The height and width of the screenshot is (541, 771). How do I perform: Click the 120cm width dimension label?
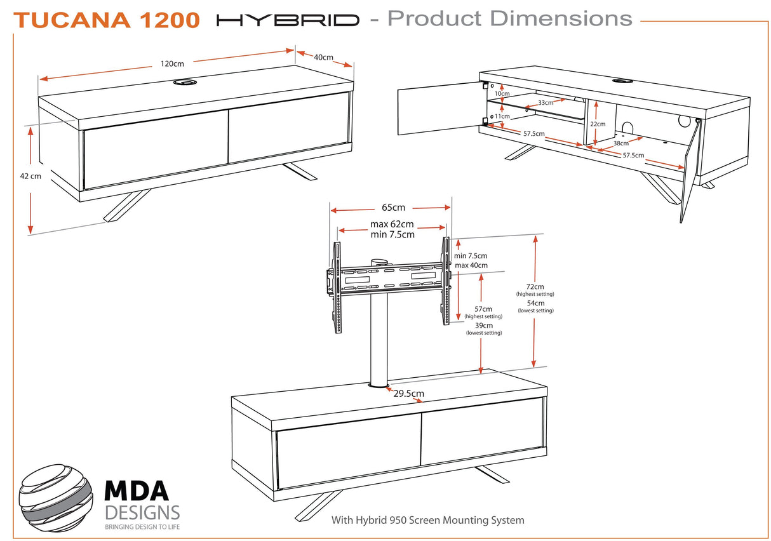(x=171, y=63)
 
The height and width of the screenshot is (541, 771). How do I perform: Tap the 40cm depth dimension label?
(x=323, y=57)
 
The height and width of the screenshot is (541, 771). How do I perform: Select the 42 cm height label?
(x=30, y=177)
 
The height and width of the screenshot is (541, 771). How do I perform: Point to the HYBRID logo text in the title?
(x=287, y=20)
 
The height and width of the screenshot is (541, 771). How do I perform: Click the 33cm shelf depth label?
(x=545, y=102)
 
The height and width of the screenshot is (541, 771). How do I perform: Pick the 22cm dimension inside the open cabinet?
(x=598, y=124)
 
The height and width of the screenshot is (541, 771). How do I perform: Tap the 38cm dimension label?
(x=622, y=144)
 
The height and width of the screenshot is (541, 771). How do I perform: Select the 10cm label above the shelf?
(x=502, y=93)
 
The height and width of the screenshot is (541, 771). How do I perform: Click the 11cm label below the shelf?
(x=502, y=116)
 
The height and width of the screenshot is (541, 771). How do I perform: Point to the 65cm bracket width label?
(x=393, y=208)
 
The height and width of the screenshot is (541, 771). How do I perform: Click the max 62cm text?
(x=392, y=224)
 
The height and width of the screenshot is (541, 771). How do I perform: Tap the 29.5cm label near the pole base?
(x=409, y=394)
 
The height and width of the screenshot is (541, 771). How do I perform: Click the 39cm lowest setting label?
(x=483, y=325)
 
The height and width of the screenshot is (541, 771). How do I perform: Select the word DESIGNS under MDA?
(x=142, y=512)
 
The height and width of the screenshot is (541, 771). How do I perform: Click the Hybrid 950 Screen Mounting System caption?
(x=427, y=520)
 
